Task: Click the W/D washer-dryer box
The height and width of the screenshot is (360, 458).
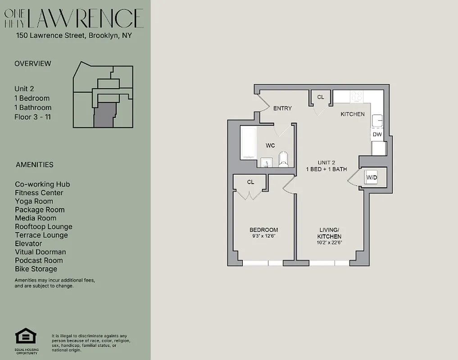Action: (x=371, y=178)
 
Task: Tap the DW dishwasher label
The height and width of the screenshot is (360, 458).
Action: (x=377, y=134)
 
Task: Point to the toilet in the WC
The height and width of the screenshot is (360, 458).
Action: (x=283, y=159)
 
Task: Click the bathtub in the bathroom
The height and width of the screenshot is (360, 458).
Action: (x=249, y=143)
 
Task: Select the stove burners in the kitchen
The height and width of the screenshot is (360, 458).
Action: (x=357, y=96)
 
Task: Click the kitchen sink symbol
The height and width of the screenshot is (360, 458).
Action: (x=377, y=121)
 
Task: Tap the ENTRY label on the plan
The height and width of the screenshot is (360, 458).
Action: (x=282, y=108)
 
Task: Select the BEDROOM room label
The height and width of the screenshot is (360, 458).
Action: (x=263, y=230)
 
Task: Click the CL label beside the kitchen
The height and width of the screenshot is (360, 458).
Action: (x=321, y=97)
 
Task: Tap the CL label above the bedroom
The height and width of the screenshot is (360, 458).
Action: (x=250, y=182)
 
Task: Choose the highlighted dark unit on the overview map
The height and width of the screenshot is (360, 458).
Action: (x=104, y=115)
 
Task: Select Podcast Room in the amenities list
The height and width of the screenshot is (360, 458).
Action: (x=39, y=261)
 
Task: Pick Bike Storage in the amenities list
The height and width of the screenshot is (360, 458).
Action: (x=36, y=269)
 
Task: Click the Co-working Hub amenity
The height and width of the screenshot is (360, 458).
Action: (x=42, y=184)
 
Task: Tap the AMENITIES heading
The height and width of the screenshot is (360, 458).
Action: (x=34, y=165)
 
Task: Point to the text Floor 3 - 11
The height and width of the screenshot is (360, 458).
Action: (x=33, y=117)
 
